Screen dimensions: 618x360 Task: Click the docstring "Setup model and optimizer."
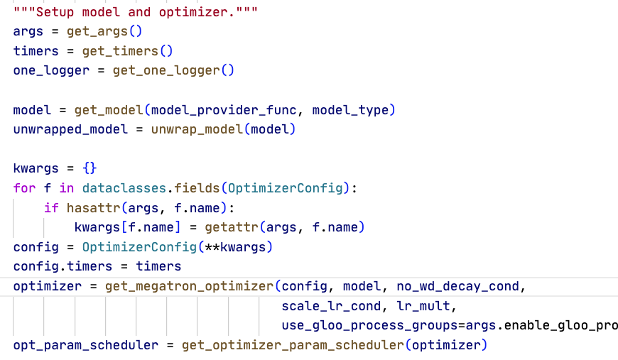click(136, 12)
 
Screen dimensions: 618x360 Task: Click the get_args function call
click(97, 31)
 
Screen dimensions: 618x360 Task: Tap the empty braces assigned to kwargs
click(90, 169)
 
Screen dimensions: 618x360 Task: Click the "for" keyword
click(24, 188)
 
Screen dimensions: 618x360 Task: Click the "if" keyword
click(51, 208)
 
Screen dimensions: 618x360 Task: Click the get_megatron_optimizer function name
click(190, 286)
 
